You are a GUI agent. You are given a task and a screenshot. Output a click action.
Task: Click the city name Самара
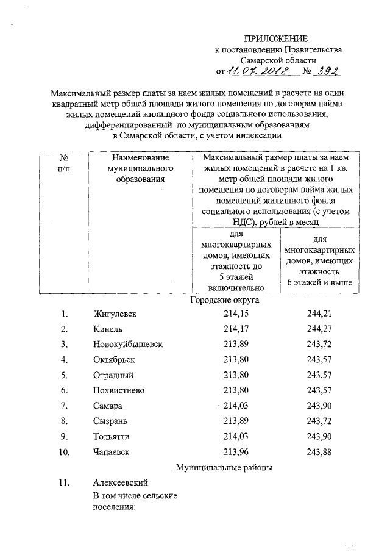[x=108, y=406]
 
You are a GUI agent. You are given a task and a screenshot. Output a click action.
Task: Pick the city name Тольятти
[x=112, y=437]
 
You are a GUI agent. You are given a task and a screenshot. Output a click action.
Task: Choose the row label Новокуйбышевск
[x=128, y=345]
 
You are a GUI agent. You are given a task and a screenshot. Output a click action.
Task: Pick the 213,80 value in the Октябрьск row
[x=237, y=360]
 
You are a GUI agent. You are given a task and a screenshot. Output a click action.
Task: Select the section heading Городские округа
[x=224, y=300]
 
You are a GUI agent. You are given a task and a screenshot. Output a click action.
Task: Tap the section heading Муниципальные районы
[x=224, y=468]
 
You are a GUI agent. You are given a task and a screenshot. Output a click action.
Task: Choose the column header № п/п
[x=63, y=163]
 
